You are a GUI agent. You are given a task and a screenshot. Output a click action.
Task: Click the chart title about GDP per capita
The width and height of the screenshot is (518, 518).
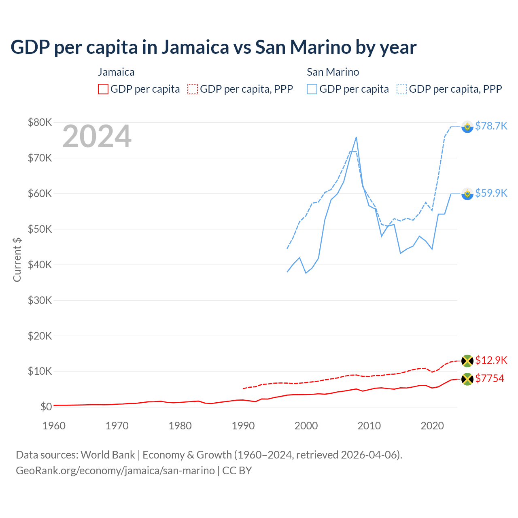pyautogui.click(x=213, y=47)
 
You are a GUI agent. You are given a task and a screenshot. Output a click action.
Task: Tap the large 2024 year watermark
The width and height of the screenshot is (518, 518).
pyautogui.click(x=97, y=136)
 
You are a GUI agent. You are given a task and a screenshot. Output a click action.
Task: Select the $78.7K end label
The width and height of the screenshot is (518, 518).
pyautogui.click(x=491, y=126)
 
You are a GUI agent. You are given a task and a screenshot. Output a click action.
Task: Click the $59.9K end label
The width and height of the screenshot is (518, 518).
pyautogui.click(x=491, y=193)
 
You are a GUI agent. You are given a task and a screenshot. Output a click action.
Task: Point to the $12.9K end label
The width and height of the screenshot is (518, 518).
pyautogui.click(x=491, y=360)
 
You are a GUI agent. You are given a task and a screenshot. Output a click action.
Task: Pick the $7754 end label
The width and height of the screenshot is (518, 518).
pyautogui.click(x=490, y=378)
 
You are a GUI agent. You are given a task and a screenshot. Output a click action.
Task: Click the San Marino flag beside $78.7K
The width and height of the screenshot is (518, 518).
pyautogui.click(x=467, y=127)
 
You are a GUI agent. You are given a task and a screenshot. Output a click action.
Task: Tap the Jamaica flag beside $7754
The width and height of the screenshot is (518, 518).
pyautogui.click(x=467, y=379)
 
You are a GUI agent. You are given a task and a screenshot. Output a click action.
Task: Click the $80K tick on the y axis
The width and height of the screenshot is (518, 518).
pyautogui.click(x=40, y=122)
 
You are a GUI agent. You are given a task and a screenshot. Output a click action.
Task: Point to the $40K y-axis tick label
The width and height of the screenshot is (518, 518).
pyautogui.click(x=40, y=265)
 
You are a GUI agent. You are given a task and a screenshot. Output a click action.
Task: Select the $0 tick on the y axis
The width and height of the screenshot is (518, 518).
pyautogui.click(x=46, y=407)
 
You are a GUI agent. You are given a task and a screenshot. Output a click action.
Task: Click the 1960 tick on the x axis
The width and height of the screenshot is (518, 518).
pyautogui.click(x=54, y=426)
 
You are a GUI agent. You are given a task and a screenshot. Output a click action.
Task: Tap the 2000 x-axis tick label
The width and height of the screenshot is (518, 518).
pyautogui.click(x=306, y=426)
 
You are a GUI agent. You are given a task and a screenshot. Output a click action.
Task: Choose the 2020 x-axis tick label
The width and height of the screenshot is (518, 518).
pyautogui.click(x=432, y=426)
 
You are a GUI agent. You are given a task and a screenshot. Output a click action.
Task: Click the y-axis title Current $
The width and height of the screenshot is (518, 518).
pyautogui.click(x=17, y=259)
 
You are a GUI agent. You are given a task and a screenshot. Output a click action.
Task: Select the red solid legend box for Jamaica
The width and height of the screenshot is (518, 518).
pyautogui.click(x=103, y=89)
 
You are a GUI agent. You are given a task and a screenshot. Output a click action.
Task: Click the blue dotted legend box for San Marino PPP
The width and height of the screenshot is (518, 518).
pyautogui.click(x=402, y=89)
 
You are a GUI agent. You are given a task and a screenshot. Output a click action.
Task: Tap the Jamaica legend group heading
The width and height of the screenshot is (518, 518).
pyautogui.click(x=116, y=72)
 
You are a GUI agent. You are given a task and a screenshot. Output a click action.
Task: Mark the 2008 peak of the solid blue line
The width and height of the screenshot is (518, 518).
pyautogui.click(x=356, y=137)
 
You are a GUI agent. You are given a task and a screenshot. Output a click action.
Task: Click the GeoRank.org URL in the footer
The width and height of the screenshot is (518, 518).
pyautogui.click(x=115, y=471)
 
